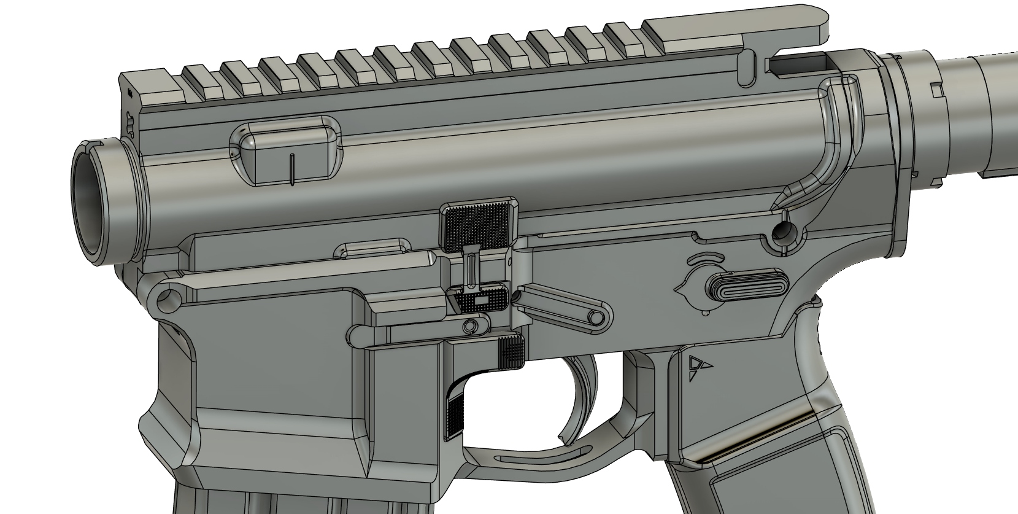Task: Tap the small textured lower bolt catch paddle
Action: [483, 300]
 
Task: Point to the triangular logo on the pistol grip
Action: [698, 365]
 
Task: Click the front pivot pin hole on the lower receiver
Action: [166, 299]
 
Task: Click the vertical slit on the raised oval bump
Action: [292, 168]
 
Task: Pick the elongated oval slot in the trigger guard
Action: [540, 458]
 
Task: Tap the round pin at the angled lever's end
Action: [595, 317]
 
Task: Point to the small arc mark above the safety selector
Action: [704, 257]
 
